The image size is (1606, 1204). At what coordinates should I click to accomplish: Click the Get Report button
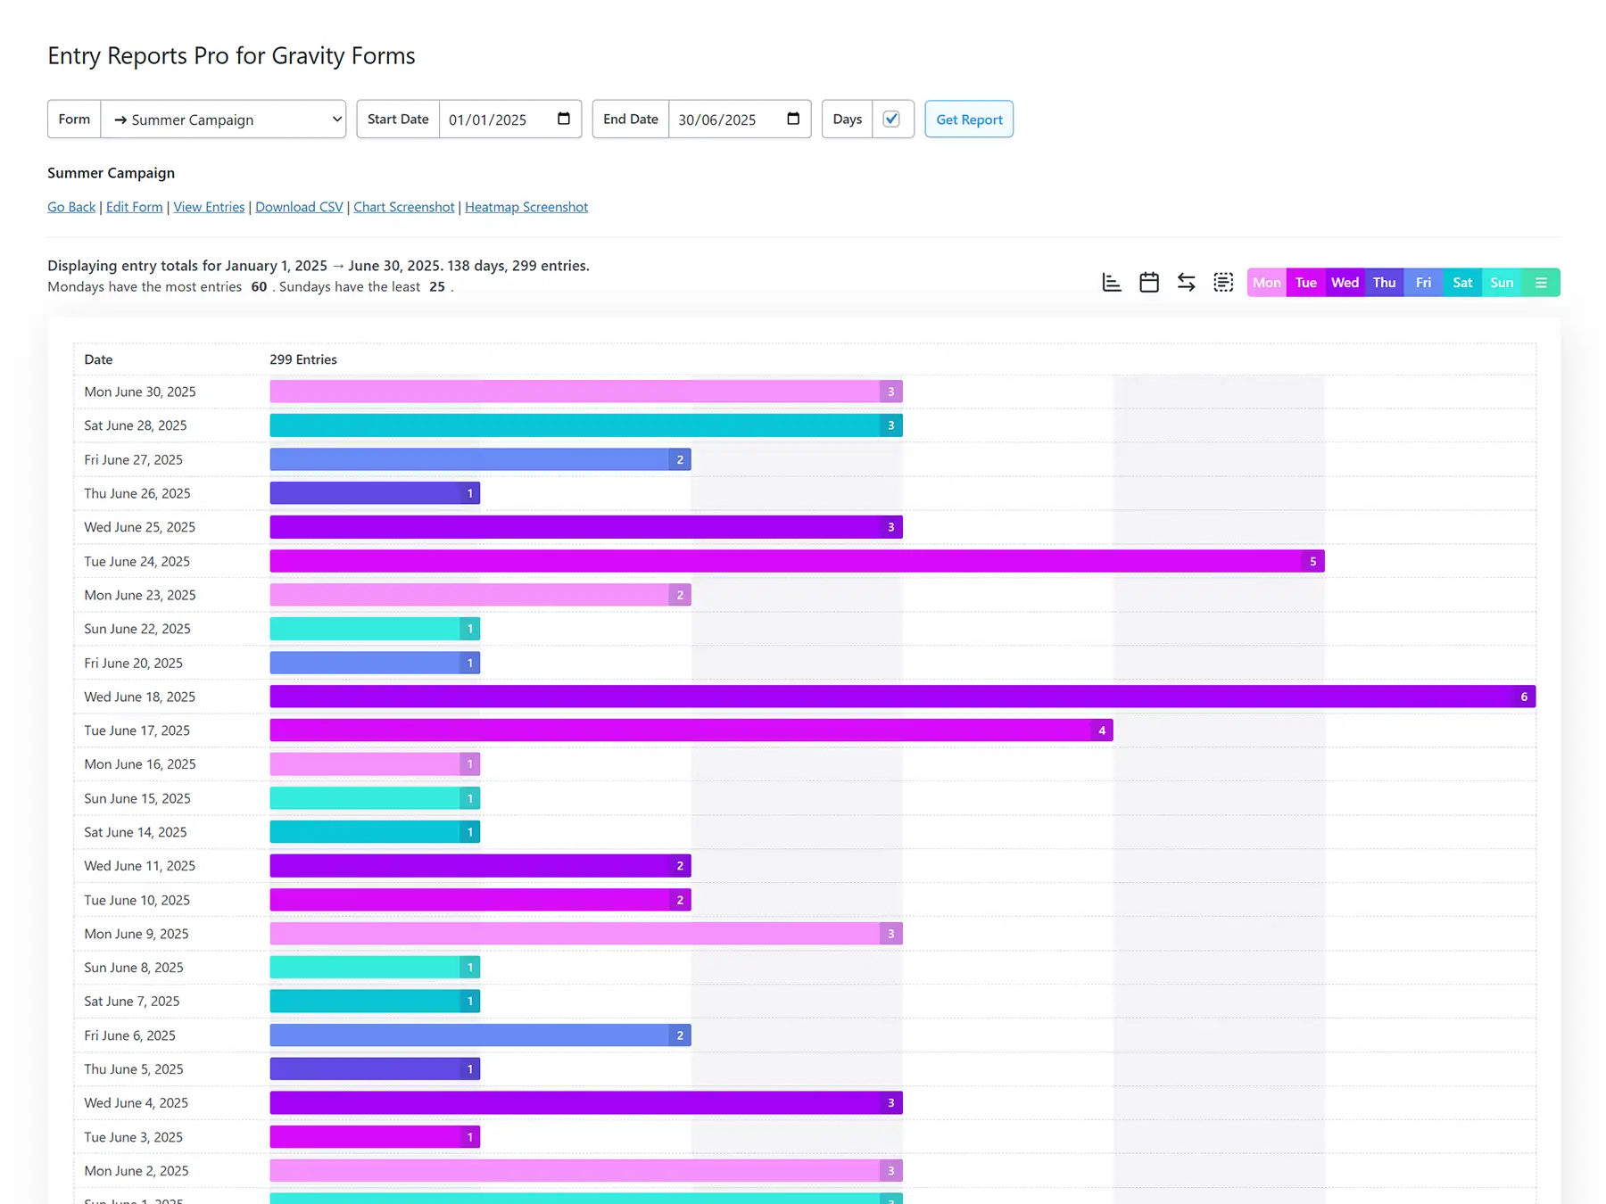coord(969,120)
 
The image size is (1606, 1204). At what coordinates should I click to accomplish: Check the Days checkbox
coord(891,119)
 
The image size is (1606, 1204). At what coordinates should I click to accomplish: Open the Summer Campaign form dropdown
coord(223,120)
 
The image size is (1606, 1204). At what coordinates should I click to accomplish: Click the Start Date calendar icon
coord(564,119)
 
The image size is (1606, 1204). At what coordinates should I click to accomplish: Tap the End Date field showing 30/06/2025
coord(717,120)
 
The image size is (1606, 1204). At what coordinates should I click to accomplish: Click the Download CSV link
coord(299,207)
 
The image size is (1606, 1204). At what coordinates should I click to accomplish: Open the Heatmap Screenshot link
coord(526,207)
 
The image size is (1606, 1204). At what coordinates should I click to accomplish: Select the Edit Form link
coord(134,207)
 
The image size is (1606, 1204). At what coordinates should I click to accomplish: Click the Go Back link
coord(71,207)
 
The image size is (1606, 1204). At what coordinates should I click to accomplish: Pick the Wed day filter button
coord(1345,283)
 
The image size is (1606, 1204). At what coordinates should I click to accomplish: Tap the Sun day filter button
coord(1502,283)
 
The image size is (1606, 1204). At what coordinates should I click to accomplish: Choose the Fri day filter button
coord(1423,283)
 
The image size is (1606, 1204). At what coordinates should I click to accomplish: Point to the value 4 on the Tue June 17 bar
coord(1102,730)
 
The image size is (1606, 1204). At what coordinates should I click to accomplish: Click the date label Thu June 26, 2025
coord(137,493)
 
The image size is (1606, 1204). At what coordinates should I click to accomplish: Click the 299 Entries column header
coord(303,359)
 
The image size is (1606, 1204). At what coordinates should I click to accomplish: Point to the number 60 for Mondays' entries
coord(259,286)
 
